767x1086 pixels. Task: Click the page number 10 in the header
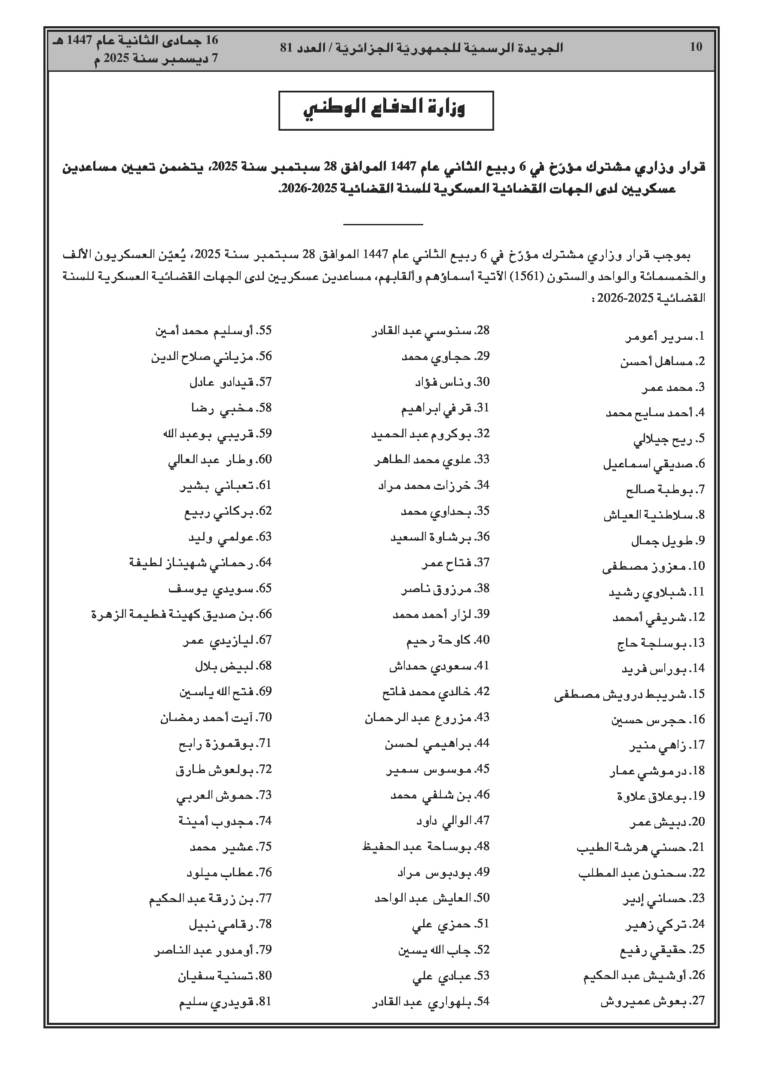click(x=696, y=47)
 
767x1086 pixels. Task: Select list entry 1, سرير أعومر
click(x=665, y=337)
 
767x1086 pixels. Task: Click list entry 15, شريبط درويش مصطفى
click(x=629, y=694)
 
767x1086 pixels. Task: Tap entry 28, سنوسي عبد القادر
click(x=430, y=331)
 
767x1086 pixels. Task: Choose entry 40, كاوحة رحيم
click(x=448, y=641)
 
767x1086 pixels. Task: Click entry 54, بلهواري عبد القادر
click(x=430, y=1001)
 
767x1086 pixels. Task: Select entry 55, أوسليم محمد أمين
click(x=214, y=331)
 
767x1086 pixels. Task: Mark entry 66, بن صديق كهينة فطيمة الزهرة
click(x=182, y=614)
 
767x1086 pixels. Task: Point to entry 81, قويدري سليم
click(x=225, y=1001)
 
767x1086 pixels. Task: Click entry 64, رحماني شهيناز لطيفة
click(x=201, y=563)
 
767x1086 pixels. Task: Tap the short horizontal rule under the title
click(x=382, y=224)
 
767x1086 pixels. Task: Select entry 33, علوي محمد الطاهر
click(x=432, y=460)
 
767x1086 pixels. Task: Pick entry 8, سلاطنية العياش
click(x=654, y=515)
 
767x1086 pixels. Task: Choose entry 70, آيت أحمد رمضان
click(x=216, y=718)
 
